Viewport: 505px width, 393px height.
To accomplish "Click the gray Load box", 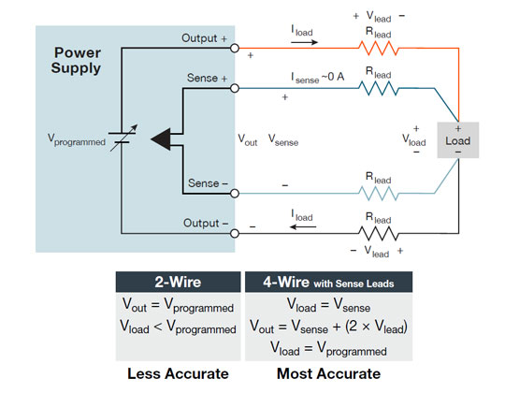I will point(458,139).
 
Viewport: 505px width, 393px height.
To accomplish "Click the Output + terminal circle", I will point(235,48).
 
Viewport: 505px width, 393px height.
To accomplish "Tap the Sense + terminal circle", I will point(235,89).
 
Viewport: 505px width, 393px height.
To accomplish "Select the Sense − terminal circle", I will point(235,193).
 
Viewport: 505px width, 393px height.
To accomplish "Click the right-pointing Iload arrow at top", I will point(301,42).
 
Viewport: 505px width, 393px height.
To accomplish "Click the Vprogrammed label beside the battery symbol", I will point(77,138).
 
